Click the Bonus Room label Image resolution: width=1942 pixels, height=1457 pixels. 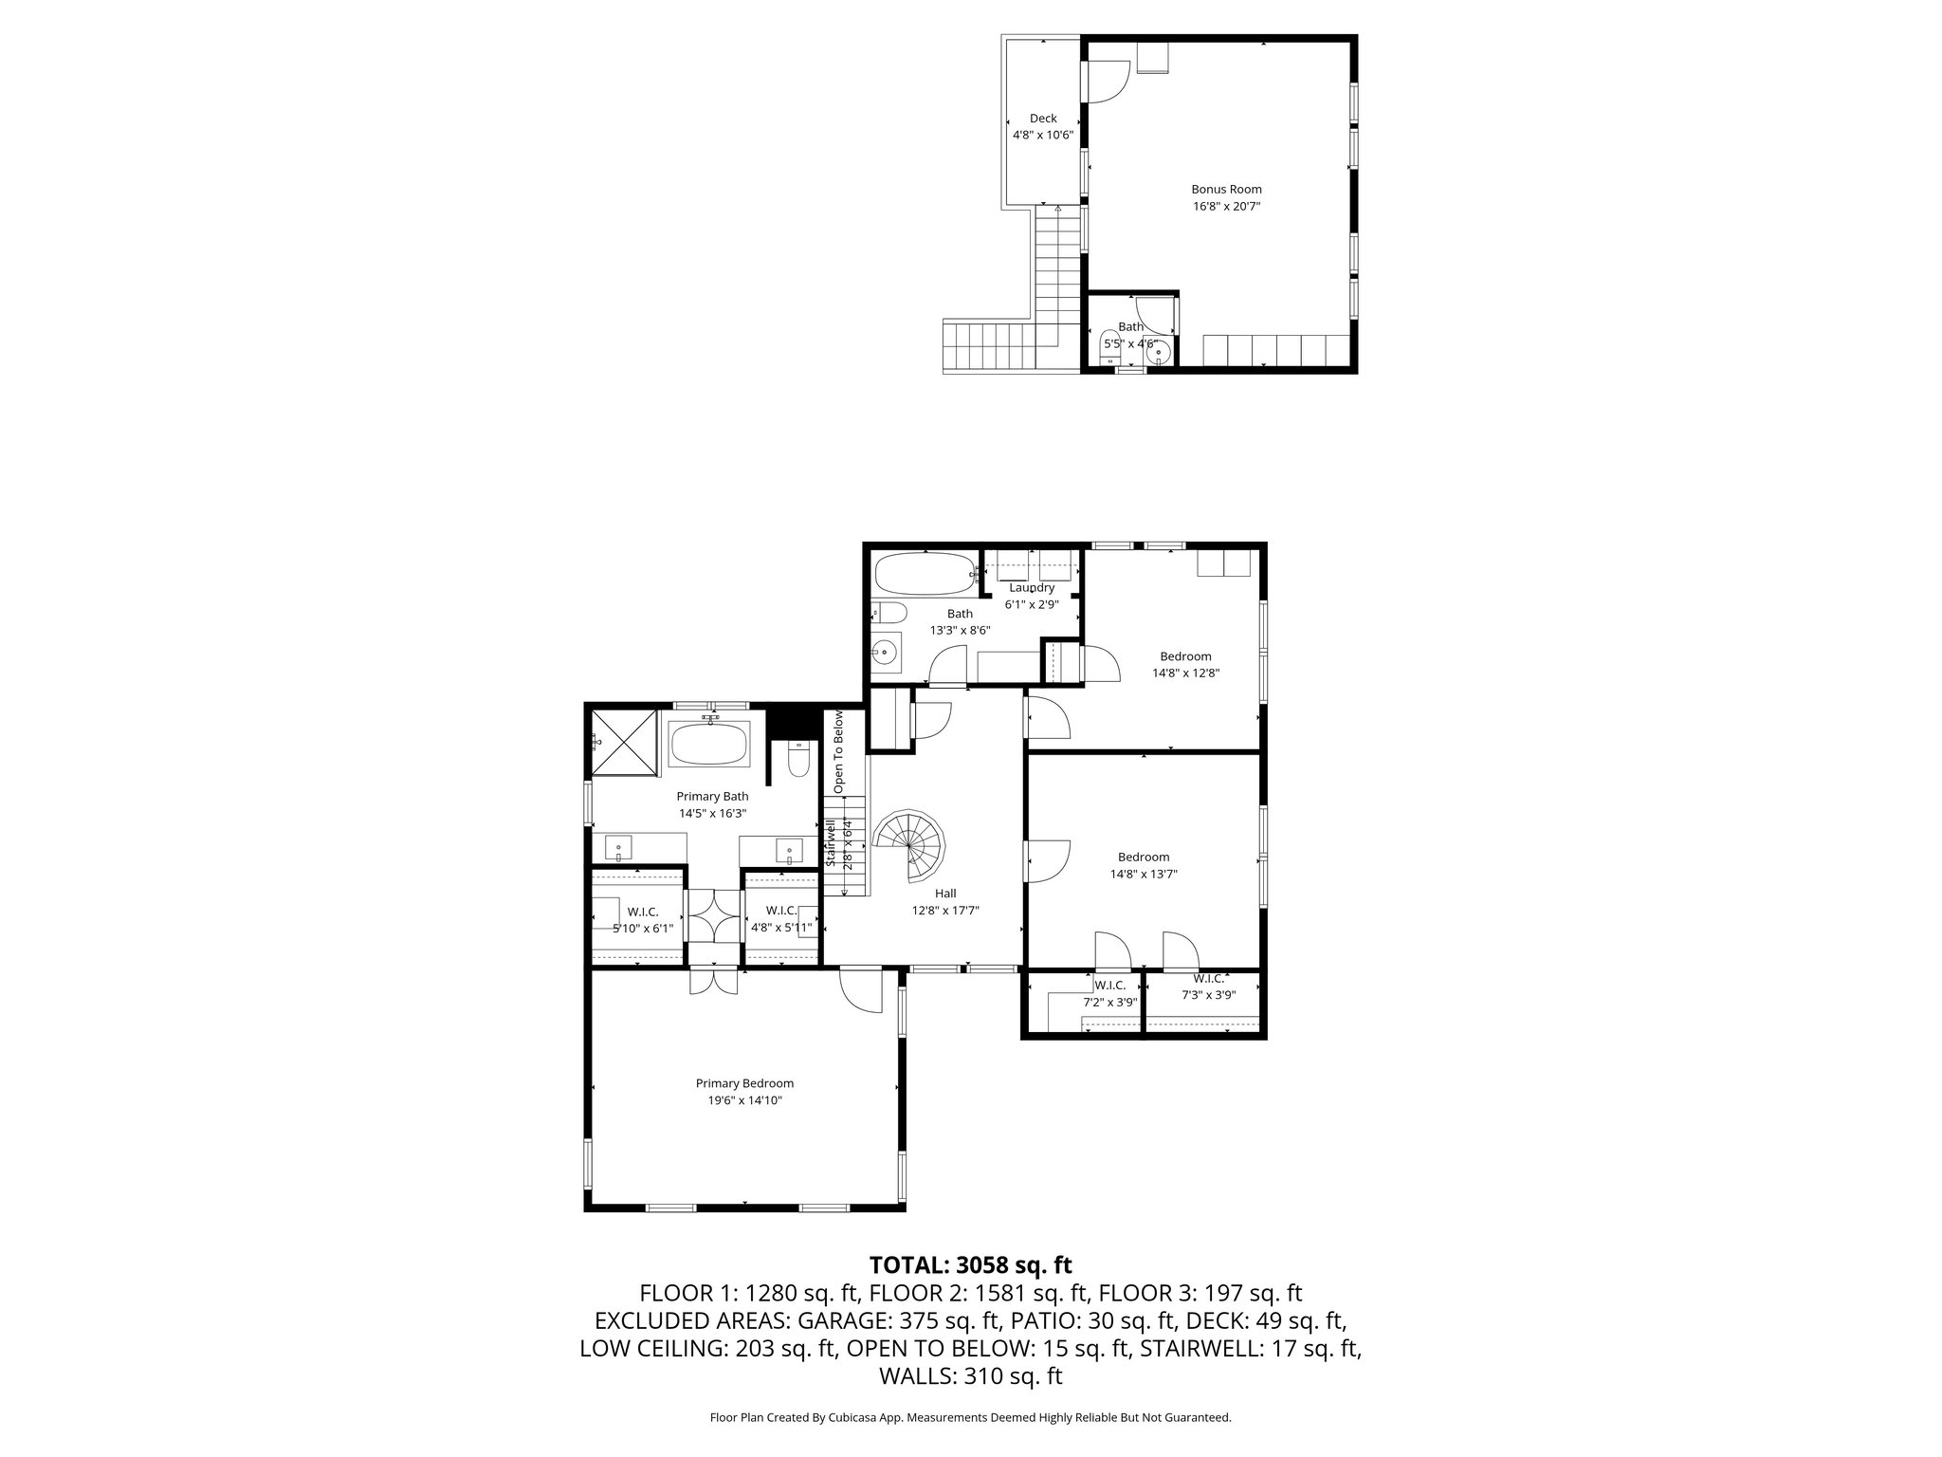click(1226, 189)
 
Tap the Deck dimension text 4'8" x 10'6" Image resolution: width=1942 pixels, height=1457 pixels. click(1043, 135)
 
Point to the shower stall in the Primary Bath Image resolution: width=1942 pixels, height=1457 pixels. click(623, 743)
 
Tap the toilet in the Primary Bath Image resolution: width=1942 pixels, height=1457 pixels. click(797, 759)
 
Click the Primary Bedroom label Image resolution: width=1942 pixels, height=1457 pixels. click(744, 1083)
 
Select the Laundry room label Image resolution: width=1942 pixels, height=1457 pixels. click(1032, 587)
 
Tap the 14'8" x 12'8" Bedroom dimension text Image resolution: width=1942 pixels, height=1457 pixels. click(1185, 673)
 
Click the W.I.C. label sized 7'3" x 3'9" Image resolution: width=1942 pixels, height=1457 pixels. click(1208, 978)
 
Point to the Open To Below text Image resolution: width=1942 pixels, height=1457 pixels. click(838, 751)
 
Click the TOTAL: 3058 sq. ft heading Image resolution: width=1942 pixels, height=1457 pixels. click(970, 1264)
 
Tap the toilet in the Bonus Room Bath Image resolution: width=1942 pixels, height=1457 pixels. click(1108, 348)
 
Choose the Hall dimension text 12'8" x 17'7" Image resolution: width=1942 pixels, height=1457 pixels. click(945, 910)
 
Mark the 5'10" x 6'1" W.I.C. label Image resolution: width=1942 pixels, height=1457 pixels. click(643, 929)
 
